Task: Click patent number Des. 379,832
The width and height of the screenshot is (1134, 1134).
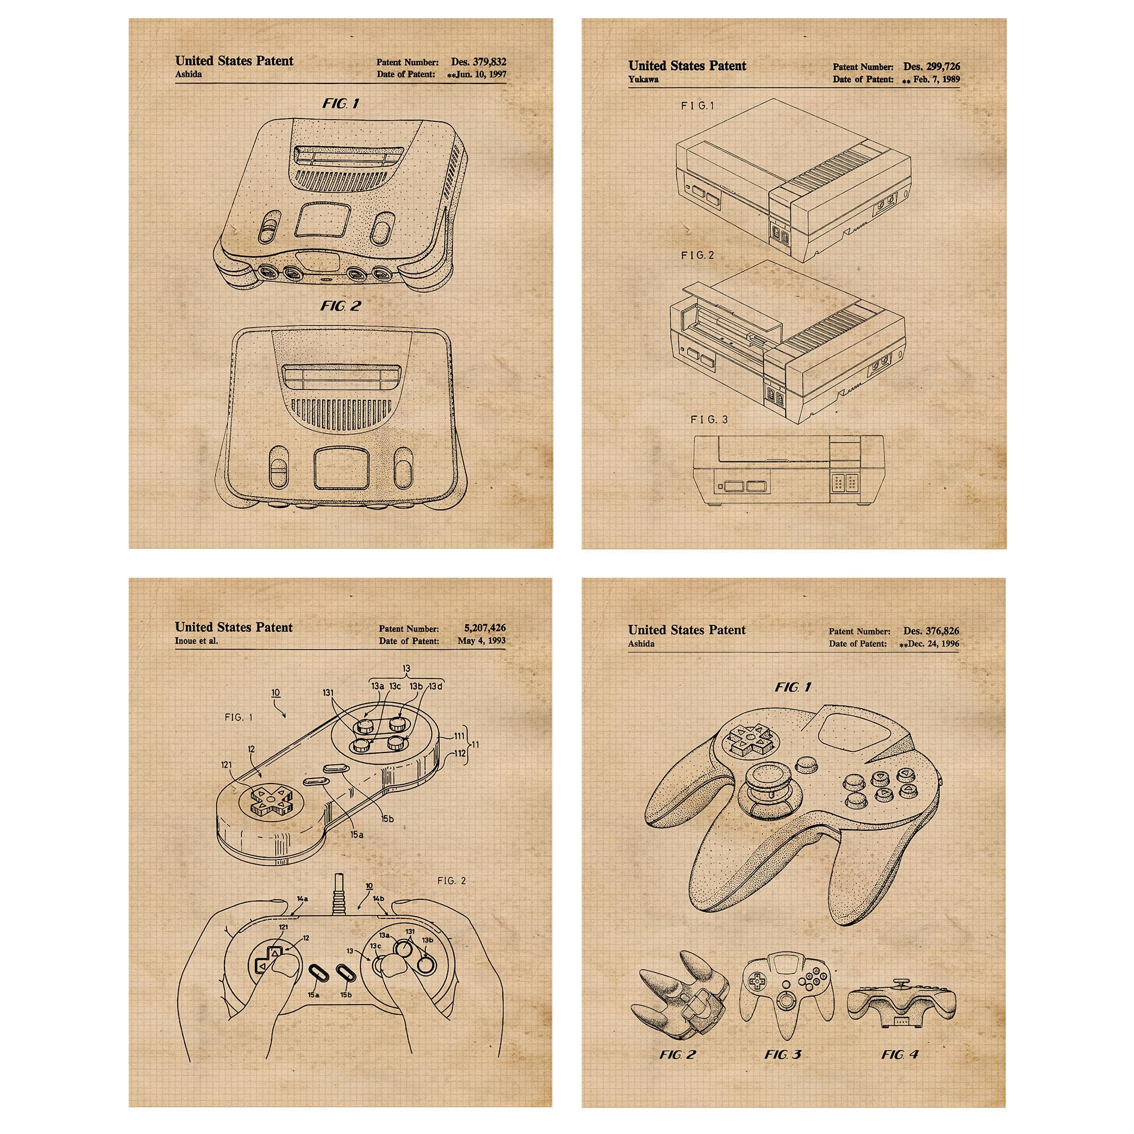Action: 479,61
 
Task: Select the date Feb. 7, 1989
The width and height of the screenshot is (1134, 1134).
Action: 937,79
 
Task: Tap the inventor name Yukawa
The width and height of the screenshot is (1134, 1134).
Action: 644,79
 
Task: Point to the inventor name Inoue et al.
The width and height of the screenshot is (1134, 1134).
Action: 196,640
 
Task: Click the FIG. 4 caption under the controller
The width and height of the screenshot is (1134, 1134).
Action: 900,1038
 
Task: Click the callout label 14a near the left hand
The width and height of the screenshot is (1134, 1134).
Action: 302,899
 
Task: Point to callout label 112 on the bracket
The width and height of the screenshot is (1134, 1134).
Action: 460,754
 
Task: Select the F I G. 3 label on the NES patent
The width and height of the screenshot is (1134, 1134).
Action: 709,419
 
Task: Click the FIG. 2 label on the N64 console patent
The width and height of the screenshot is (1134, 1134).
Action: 341,306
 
